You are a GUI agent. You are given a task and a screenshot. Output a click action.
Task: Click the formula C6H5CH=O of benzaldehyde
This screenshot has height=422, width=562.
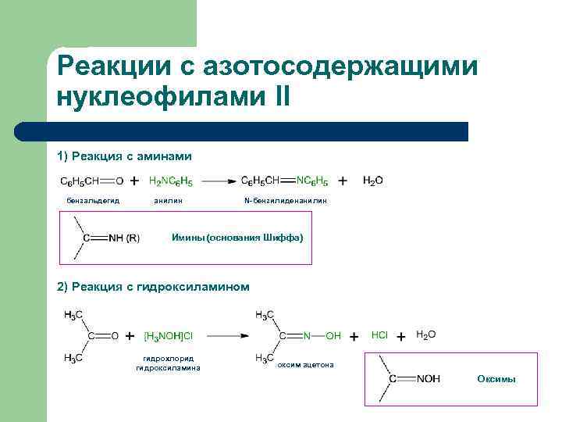click(x=91, y=181)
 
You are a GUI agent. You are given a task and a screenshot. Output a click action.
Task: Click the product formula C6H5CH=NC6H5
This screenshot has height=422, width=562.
click(x=284, y=181)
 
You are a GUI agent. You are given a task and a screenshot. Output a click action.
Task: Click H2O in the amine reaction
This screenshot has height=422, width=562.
click(x=373, y=181)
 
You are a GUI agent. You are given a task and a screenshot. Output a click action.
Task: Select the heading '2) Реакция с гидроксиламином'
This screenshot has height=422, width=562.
click(x=154, y=287)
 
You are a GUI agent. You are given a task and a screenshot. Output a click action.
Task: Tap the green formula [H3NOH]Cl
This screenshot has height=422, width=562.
click(x=169, y=336)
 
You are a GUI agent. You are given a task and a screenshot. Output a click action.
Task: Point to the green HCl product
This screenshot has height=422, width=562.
click(x=379, y=334)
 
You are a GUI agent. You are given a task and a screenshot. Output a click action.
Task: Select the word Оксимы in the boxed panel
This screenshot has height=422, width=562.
click(x=496, y=379)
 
